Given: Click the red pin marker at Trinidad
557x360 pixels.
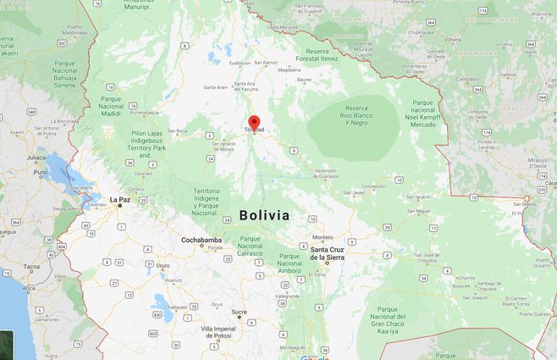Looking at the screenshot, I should coord(253,121).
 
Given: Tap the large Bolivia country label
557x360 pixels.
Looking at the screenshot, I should coord(264,215).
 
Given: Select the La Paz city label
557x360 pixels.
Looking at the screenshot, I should coord(119,200).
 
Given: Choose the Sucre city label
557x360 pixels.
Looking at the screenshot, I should coord(240,312).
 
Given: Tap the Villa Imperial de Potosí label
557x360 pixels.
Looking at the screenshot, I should coord(218,332).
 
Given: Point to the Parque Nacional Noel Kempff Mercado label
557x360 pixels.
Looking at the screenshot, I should coord(423,114).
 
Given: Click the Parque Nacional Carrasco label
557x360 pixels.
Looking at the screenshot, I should coord(250,246).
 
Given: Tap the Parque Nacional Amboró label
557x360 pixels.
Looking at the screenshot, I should coord(290,262).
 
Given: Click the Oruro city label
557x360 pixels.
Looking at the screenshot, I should coord(163,264).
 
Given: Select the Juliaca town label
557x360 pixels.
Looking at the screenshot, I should coord(36,157).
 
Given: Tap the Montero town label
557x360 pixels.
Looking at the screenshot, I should coord(323,237).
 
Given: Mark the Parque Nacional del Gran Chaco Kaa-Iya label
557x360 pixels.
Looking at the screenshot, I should coord(397,320).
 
